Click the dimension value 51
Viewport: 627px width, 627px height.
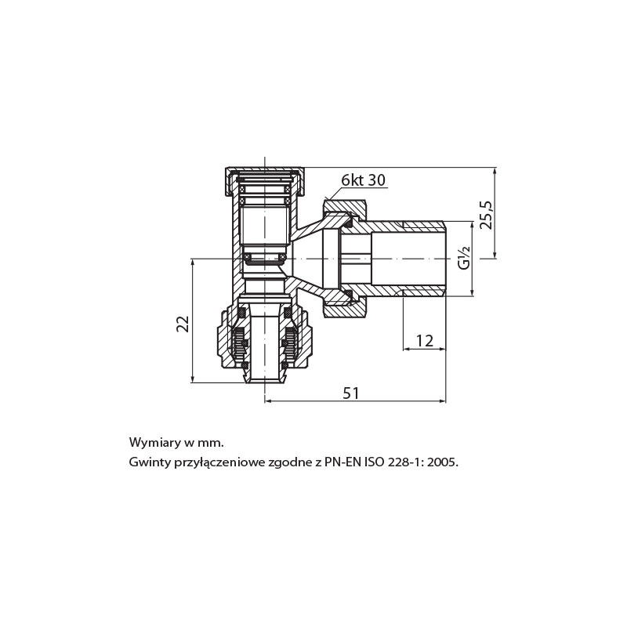pyautogui.click(x=350, y=393)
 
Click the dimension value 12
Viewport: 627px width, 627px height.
pyautogui.click(x=424, y=341)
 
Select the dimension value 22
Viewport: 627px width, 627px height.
pyautogui.click(x=183, y=324)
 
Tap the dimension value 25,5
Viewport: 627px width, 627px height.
pyautogui.click(x=487, y=215)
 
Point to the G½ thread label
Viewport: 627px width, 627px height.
pyautogui.click(x=464, y=258)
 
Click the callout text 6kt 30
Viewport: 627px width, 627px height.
pyautogui.click(x=363, y=180)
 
